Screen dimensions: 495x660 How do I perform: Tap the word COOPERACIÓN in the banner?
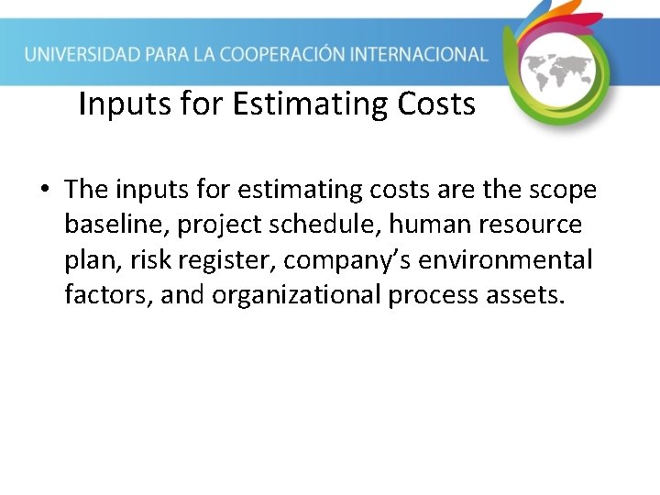coord(289,54)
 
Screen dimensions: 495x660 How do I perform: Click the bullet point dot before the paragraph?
coord(44,191)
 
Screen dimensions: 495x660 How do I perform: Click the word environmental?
coord(505,260)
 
